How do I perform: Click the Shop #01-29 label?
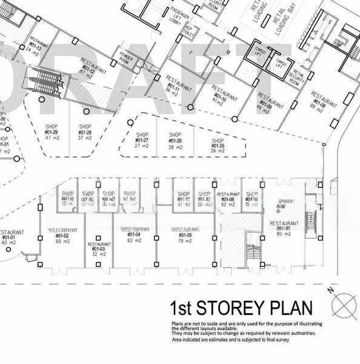tap(52, 132)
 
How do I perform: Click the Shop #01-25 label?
tap(218, 146)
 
